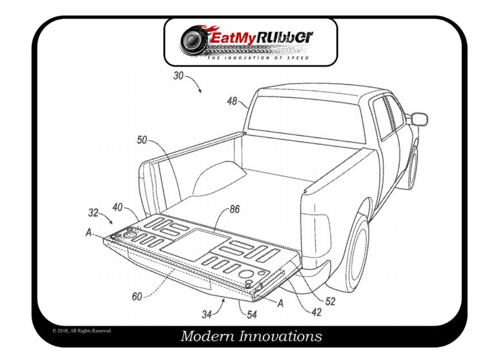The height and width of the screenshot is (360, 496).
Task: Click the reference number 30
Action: pos(180,76)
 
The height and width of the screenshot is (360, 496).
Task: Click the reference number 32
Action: pos(94,213)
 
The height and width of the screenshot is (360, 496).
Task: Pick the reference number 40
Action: pos(117,207)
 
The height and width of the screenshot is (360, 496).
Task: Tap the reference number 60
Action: pos(137,297)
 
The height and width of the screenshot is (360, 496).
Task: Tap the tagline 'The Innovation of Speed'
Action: pos(258,58)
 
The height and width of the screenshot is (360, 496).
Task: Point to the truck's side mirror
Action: pos(418,118)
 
